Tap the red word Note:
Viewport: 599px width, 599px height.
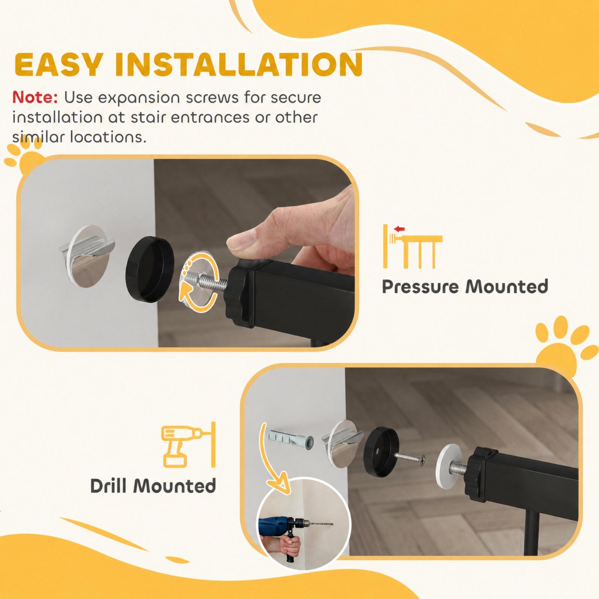click(x=35, y=97)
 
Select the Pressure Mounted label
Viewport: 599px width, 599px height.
click(x=465, y=287)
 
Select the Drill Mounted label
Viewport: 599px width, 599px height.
click(x=153, y=486)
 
